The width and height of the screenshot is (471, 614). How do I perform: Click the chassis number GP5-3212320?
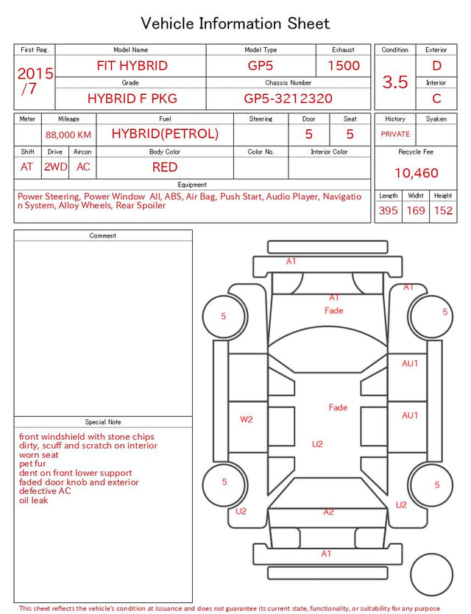point(288,99)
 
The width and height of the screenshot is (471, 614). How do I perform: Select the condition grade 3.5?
point(395,82)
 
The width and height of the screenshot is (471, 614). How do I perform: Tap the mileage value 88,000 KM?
point(68,135)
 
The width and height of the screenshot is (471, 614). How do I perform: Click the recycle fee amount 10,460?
point(416,173)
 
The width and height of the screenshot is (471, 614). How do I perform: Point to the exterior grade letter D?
point(436,65)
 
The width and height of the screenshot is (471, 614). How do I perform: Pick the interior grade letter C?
point(436,99)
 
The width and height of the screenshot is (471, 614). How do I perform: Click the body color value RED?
point(165,167)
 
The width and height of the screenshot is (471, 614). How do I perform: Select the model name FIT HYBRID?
point(132,65)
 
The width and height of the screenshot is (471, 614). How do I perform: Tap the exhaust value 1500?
point(344,65)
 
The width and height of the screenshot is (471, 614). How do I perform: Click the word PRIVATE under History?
point(395,134)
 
